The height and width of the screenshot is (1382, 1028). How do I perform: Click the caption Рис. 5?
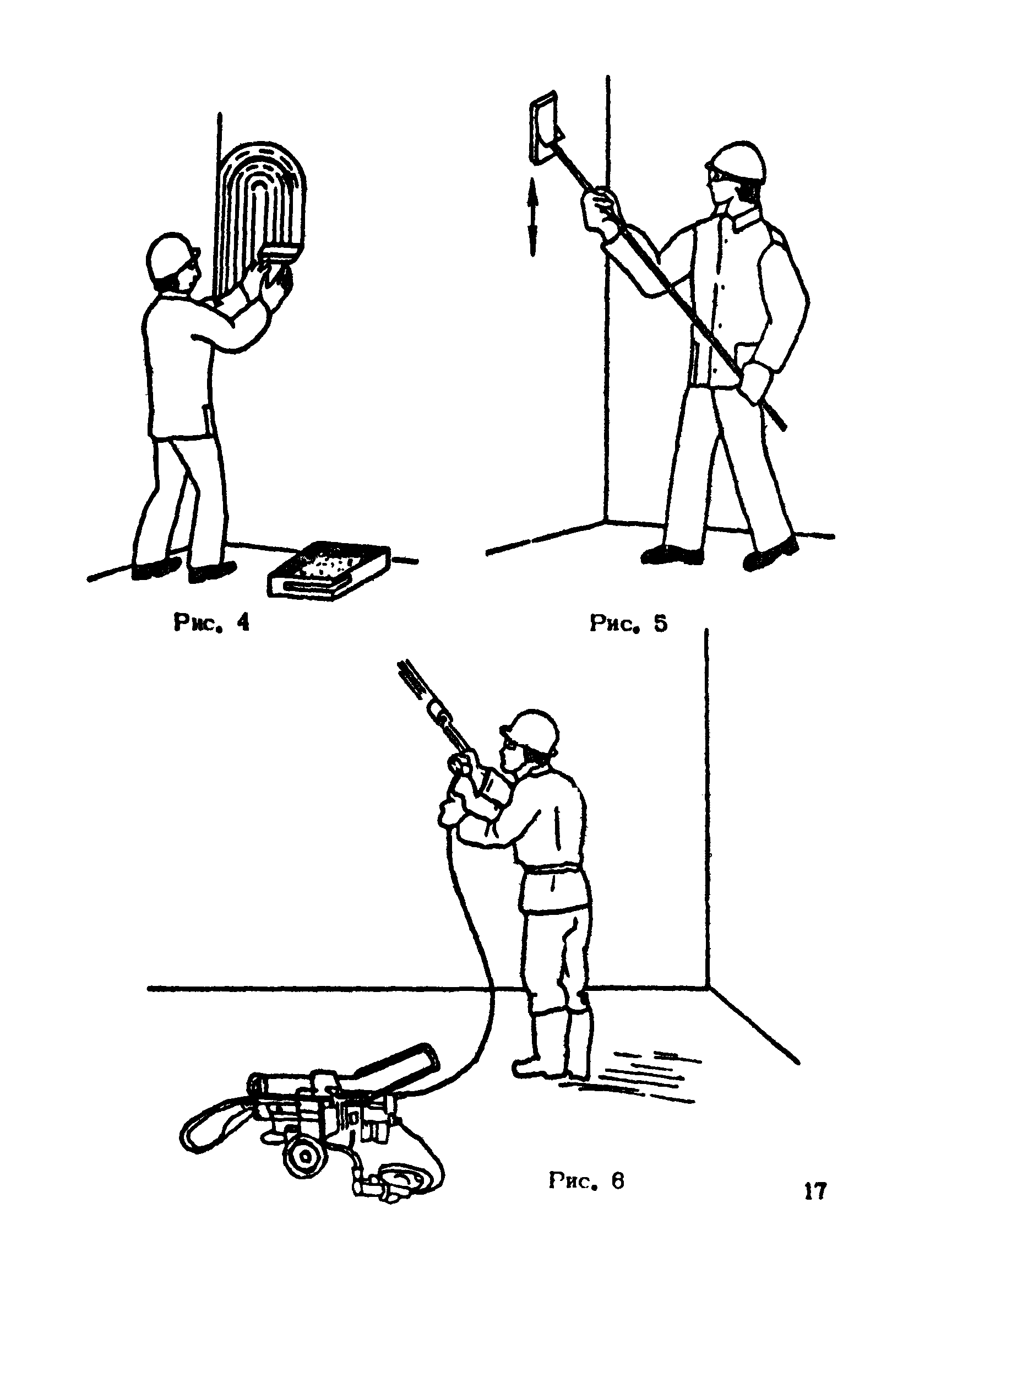628,623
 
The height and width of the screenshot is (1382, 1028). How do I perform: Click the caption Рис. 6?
586,1181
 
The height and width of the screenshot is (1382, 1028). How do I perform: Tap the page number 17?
814,1191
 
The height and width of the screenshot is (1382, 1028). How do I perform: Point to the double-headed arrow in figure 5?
532,216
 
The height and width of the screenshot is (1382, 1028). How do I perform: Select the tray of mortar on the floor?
330,570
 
